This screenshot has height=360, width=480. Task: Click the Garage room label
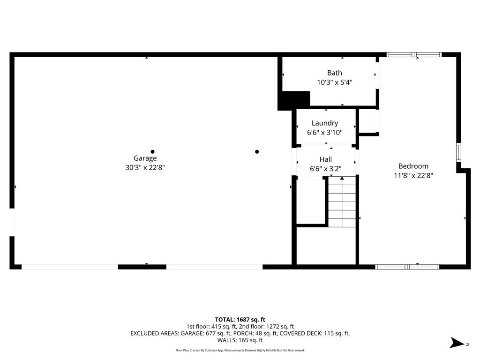(x=145, y=158)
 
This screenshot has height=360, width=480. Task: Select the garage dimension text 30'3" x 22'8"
(x=145, y=167)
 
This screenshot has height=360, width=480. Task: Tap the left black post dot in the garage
(x=152, y=151)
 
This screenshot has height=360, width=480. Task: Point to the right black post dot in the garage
(x=257, y=151)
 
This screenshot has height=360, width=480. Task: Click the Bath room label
(x=334, y=73)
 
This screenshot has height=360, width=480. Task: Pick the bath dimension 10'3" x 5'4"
(x=334, y=82)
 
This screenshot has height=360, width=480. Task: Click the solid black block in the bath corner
(x=294, y=100)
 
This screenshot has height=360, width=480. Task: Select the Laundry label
(x=325, y=123)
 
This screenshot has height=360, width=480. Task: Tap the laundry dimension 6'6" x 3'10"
(x=325, y=133)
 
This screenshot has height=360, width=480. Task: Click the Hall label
(x=326, y=159)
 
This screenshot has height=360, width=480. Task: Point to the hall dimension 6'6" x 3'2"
(x=326, y=168)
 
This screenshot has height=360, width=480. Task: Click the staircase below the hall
(x=342, y=202)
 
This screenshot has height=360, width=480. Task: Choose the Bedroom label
(x=413, y=166)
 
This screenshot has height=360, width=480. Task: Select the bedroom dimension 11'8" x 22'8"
(x=413, y=175)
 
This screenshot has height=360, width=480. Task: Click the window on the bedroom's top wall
(x=414, y=55)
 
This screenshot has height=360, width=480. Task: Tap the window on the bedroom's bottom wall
(x=407, y=267)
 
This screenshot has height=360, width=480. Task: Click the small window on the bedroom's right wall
(x=458, y=152)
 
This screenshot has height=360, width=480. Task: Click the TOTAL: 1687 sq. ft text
(x=240, y=320)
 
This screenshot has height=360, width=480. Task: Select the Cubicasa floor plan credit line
(x=240, y=350)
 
